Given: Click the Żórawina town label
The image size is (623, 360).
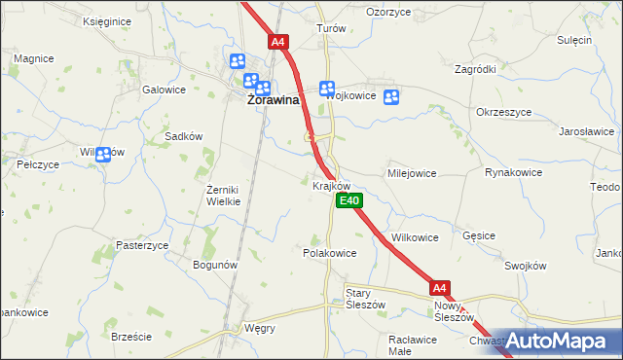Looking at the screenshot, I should tap(273, 99).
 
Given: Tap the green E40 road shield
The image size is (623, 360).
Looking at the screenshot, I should tap(349, 201).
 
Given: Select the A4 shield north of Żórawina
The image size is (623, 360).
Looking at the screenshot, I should tap(278, 42).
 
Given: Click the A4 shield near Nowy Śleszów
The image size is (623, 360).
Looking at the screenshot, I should tap(440, 288).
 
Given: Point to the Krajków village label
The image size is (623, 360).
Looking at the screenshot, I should tap(331, 185).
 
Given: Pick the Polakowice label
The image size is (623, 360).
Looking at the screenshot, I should tap(330, 252).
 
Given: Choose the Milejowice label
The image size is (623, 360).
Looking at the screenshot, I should tap(412, 172).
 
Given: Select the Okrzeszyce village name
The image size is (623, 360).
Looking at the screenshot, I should tap(503, 112).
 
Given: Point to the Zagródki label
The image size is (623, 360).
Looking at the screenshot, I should tap(475, 70).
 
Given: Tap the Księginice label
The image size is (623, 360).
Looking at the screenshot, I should tap(107, 20).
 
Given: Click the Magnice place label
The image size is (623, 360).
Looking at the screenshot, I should tap(33, 58).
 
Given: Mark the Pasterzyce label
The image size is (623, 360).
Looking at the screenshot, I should tap(142, 245).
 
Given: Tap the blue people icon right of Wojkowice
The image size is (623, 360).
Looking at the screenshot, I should tap(391, 96).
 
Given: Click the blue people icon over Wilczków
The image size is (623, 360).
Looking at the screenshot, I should tap(102, 153).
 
